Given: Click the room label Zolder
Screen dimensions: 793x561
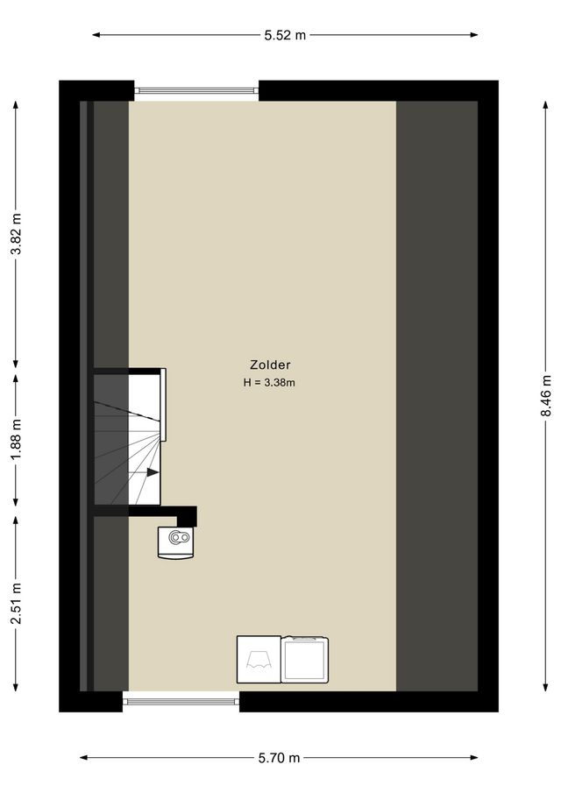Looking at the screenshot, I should pyautogui.click(x=269, y=365).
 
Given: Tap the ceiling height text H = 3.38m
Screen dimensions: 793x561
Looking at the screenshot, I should pyautogui.click(x=269, y=382).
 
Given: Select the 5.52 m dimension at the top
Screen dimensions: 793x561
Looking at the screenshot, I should pyautogui.click(x=286, y=35).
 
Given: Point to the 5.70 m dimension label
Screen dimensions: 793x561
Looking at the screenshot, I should pyautogui.click(x=280, y=758).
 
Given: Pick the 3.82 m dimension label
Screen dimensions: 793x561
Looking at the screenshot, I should pyautogui.click(x=16, y=234).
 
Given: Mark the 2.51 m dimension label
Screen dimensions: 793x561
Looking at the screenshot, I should pyautogui.click(x=16, y=604).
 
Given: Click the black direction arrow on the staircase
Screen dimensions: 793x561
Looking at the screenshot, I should pyautogui.click(x=153, y=472).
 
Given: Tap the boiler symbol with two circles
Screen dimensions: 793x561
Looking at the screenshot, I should pyautogui.click(x=179, y=541).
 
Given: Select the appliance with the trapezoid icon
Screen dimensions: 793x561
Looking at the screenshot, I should pyautogui.click(x=259, y=660).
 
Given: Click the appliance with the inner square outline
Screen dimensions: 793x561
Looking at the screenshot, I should pyautogui.click(x=305, y=660).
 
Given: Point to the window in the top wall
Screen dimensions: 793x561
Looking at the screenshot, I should pyautogui.click(x=196, y=90).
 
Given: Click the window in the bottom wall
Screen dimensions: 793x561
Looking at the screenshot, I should pyautogui.click(x=181, y=700).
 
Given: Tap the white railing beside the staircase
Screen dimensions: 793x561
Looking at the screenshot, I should pyautogui.click(x=164, y=404).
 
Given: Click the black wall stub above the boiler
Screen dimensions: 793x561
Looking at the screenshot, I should pyautogui.click(x=186, y=515).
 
